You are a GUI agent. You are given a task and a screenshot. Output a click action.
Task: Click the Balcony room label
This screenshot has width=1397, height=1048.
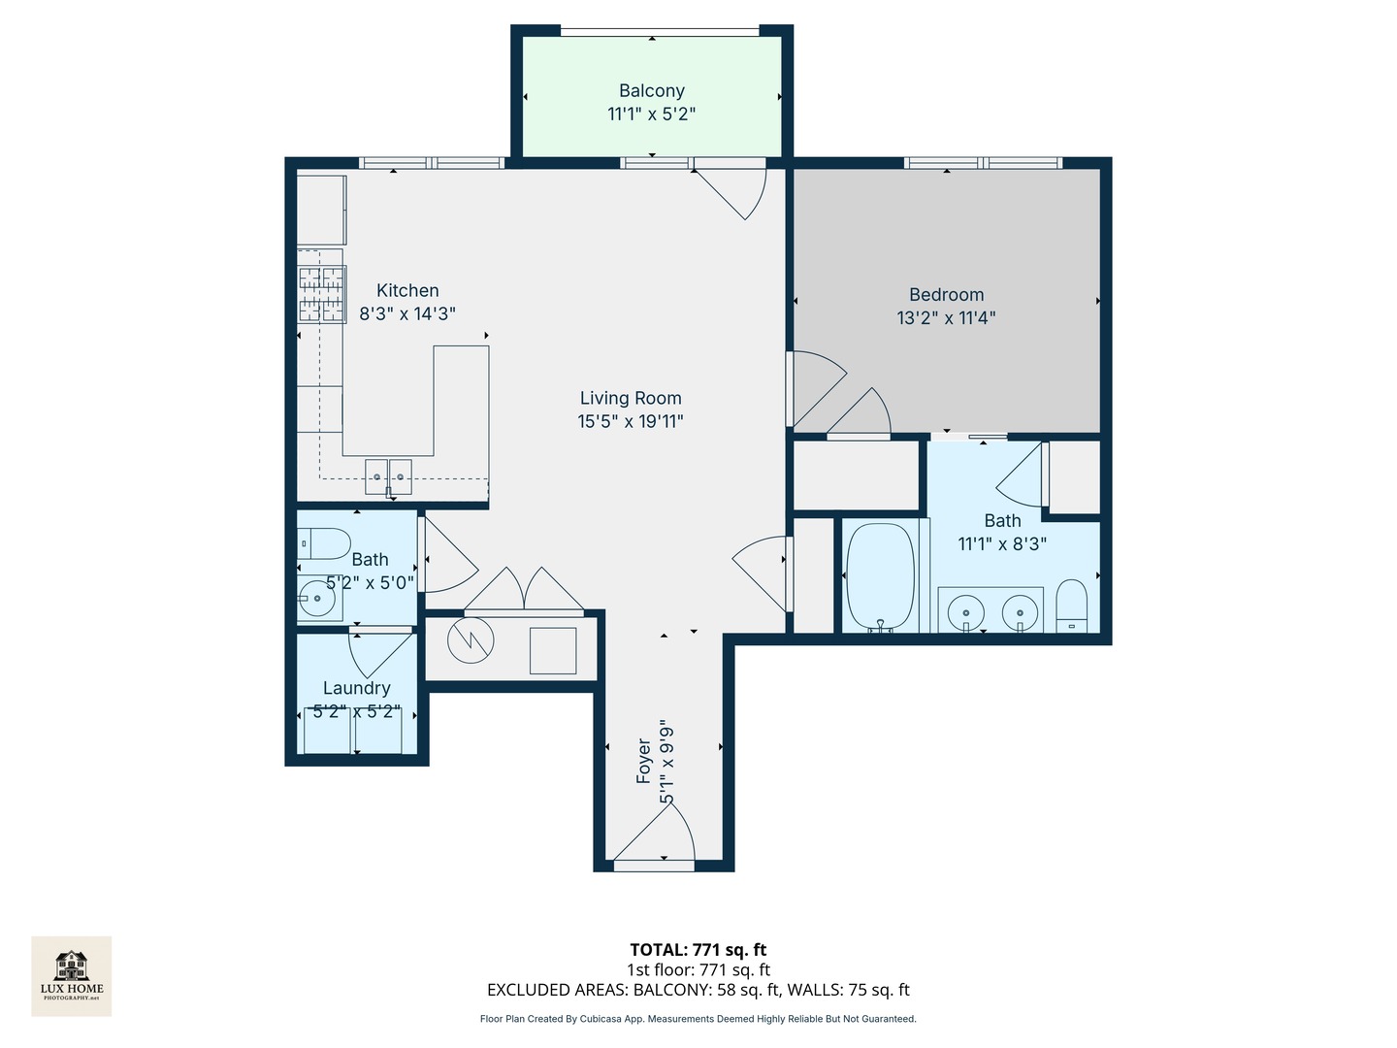coord(651,91)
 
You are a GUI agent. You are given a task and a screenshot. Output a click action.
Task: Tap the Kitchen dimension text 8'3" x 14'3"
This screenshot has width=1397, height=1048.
coord(407,314)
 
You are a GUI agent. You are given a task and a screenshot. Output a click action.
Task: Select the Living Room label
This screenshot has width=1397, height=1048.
coord(631,398)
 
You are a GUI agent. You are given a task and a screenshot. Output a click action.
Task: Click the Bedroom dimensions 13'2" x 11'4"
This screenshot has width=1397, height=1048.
coord(946,318)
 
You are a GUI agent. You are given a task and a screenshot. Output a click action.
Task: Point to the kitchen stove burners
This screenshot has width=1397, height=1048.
coord(321,294)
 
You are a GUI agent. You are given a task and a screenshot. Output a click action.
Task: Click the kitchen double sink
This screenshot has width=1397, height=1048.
coord(388,476)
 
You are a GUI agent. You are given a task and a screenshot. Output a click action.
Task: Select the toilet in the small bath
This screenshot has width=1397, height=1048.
coord(324,544)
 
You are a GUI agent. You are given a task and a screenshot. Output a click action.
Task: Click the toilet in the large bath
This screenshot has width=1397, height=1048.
coord(1072,606)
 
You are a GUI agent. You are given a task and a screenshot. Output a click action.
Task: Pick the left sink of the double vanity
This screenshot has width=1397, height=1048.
coord(965,613)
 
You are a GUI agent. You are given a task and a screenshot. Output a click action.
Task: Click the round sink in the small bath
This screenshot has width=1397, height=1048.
coord(315,599)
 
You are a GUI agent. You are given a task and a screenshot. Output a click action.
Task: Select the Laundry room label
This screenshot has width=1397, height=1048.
coord(356,688)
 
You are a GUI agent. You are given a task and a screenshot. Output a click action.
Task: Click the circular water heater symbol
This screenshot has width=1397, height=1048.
coord(471,640)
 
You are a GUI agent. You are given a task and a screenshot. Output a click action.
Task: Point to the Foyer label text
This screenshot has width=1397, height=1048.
coord(643,761)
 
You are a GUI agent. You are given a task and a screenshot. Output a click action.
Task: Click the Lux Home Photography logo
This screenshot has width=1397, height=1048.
coord(72,975)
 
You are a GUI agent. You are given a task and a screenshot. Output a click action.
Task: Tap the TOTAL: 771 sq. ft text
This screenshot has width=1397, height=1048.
coord(698,950)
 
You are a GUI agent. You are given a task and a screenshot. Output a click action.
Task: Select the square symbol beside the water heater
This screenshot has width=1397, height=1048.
coord(553,650)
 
